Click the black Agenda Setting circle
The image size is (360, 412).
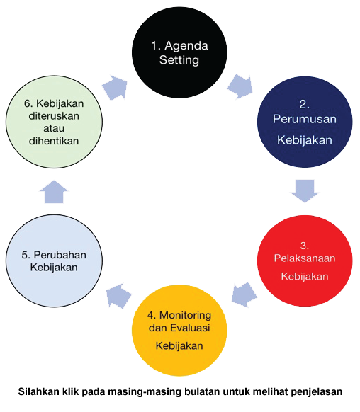(x=179, y=52)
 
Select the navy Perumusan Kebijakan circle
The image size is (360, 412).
(x=305, y=122)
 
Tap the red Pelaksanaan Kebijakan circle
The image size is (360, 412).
(x=305, y=261)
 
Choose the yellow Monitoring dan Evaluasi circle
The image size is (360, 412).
(x=179, y=331)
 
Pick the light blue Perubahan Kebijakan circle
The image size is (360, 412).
(x=54, y=261)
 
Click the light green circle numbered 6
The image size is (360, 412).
(x=54, y=122)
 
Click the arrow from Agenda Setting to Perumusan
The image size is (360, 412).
(x=240, y=86)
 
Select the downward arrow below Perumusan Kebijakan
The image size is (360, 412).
(x=305, y=191)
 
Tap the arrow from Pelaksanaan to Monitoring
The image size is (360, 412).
(x=244, y=294)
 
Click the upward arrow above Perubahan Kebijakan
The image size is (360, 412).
(x=54, y=192)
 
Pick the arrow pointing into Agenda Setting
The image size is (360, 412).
(x=115, y=88)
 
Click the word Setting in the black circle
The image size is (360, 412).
(x=179, y=60)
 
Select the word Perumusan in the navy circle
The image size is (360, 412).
(x=305, y=119)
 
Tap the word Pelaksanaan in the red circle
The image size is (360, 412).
(x=305, y=258)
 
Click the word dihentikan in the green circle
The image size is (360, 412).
(x=54, y=141)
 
